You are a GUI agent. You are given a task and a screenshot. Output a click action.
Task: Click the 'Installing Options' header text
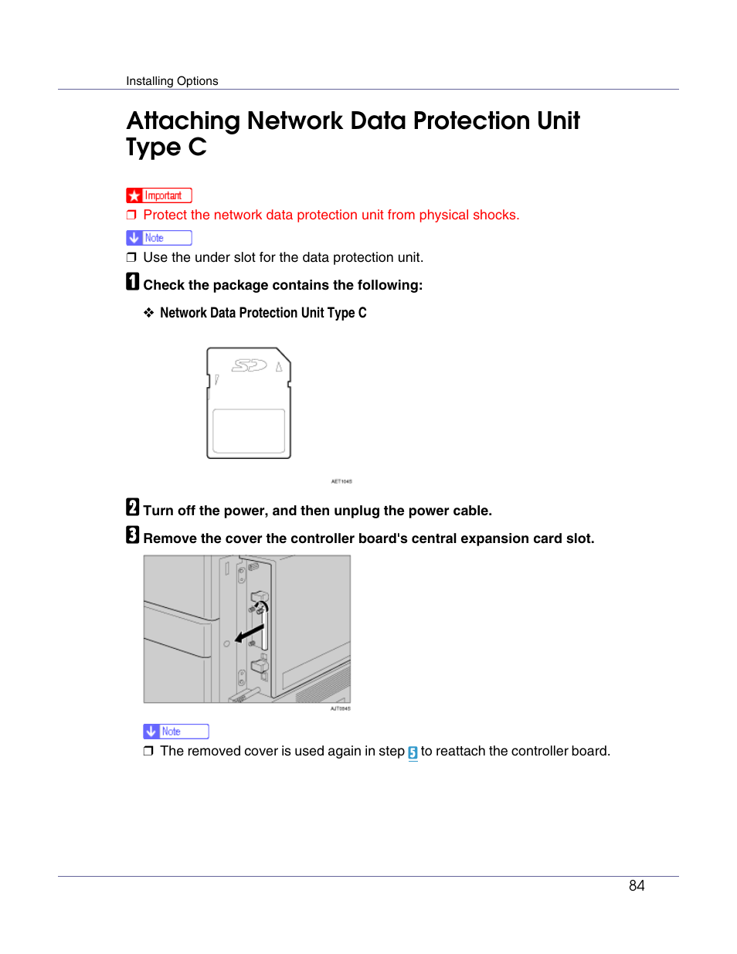click(x=172, y=81)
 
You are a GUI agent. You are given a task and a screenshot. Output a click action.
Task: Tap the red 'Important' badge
click(x=159, y=195)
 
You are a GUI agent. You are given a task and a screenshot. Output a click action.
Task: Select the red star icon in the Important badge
click(x=134, y=196)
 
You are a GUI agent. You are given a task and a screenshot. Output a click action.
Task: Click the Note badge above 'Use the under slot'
click(x=159, y=238)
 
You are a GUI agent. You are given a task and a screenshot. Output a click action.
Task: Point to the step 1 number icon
click(x=133, y=282)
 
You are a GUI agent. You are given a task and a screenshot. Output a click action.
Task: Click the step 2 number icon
click(x=133, y=508)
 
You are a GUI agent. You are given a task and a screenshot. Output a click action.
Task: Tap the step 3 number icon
click(x=133, y=535)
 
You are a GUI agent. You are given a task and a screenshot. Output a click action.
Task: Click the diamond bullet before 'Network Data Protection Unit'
click(x=148, y=313)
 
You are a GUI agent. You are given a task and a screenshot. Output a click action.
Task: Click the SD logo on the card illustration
click(x=249, y=365)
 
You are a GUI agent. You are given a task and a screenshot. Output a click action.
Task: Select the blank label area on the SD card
click(x=249, y=430)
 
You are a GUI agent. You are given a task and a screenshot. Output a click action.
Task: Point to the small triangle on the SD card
click(x=279, y=367)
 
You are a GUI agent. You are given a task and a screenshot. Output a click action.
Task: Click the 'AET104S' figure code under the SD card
click(x=341, y=481)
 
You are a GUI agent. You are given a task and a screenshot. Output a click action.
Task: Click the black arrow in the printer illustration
click(x=250, y=634)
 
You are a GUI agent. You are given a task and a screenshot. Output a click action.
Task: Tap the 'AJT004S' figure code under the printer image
click(x=340, y=708)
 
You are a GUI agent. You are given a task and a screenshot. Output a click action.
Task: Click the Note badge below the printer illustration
click(x=176, y=732)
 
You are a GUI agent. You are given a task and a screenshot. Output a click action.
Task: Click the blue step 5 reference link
click(x=413, y=752)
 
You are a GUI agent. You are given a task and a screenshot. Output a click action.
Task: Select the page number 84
click(x=637, y=886)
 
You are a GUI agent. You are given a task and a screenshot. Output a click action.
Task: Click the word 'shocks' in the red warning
click(x=494, y=215)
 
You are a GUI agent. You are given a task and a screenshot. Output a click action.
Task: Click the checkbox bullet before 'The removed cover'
click(x=148, y=751)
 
